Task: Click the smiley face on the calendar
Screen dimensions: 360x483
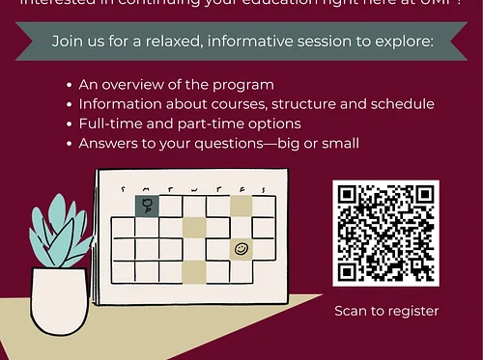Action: click(x=241, y=249)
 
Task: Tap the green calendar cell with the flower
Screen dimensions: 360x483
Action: click(x=147, y=205)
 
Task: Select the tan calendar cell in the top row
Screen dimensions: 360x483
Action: click(x=241, y=205)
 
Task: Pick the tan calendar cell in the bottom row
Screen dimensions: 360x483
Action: click(x=193, y=272)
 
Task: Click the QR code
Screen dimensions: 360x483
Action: click(x=386, y=233)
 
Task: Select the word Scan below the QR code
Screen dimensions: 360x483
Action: click(x=351, y=311)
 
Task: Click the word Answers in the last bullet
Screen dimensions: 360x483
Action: click(x=108, y=143)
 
